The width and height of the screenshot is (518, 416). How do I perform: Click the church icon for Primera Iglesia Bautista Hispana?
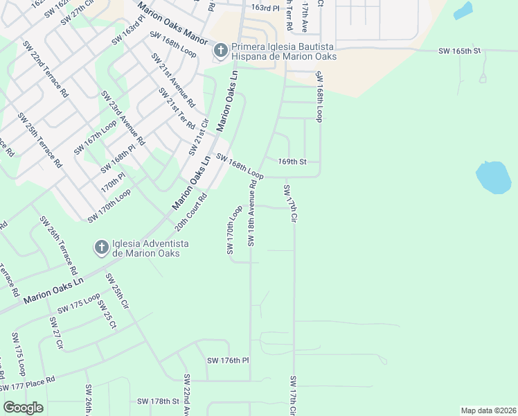pyautogui.click(x=220, y=51)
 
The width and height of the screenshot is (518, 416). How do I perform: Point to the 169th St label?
pyautogui.click(x=292, y=162)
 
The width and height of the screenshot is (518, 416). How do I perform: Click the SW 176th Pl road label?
pyautogui.click(x=228, y=361)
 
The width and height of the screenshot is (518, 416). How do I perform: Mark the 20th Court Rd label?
pyautogui.click(x=191, y=212)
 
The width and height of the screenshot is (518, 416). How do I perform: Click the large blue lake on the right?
pyautogui.click(x=494, y=178)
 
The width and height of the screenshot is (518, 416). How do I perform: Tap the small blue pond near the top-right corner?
pyautogui.click(x=463, y=10)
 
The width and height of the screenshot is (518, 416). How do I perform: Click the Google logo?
pyautogui.click(x=23, y=408)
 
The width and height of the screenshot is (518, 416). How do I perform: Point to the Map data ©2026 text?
pyautogui.click(x=488, y=410)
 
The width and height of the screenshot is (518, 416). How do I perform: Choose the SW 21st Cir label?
pyautogui.click(x=199, y=137)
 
